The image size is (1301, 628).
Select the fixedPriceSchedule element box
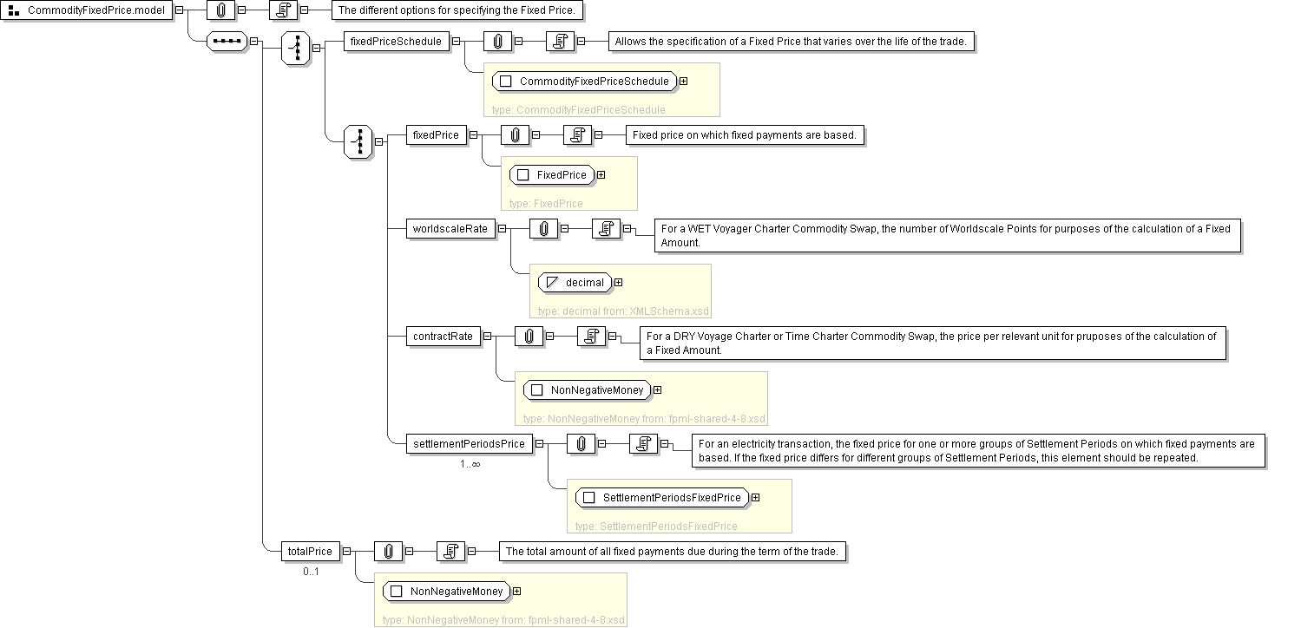coord(397,41)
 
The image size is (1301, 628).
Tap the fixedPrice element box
coord(436,134)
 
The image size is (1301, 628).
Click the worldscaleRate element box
coord(450,228)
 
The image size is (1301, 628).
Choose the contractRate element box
coord(443,336)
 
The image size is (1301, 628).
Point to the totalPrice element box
coord(310,551)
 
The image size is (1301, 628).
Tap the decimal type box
coord(575,282)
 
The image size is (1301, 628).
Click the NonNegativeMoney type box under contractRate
coord(588,390)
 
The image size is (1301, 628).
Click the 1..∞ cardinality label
coord(470,464)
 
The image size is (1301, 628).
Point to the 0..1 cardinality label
coord(311,572)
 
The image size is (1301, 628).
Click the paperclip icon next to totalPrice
coord(388,551)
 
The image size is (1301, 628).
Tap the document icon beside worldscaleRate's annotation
coord(606,228)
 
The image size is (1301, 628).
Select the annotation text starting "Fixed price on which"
coord(746,134)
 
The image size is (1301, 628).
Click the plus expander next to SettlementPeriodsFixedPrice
coord(756,498)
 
